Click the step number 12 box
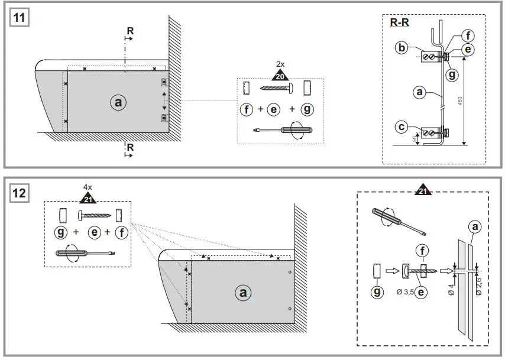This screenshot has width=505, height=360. [20, 193]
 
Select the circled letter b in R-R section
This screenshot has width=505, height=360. [402, 48]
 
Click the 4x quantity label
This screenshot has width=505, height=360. [88, 187]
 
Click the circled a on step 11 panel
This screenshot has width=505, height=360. [118, 102]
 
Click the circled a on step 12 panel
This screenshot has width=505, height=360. [241, 292]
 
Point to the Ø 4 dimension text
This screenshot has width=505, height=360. [452, 290]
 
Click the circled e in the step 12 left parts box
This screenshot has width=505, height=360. [94, 232]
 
